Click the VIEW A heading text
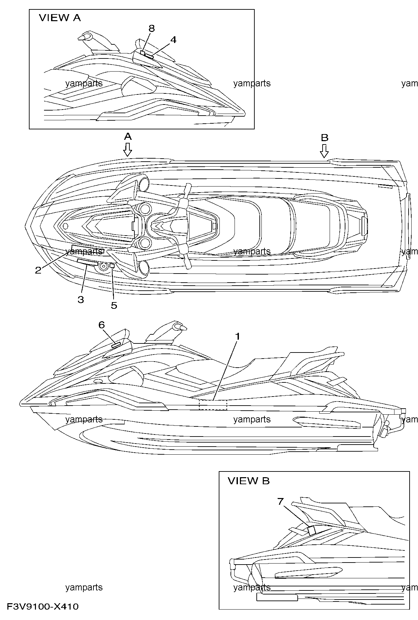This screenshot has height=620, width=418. (x=60, y=18)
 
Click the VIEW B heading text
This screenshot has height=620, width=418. (x=249, y=481)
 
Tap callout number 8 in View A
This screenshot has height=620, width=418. (x=152, y=29)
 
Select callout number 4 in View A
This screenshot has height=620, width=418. (x=173, y=40)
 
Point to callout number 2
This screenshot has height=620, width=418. (x=38, y=270)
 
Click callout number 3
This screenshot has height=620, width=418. (x=81, y=299)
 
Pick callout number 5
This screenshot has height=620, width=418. (x=114, y=305)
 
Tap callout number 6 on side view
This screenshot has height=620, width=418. (x=101, y=325)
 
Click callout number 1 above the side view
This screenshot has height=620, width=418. (x=238, y=336)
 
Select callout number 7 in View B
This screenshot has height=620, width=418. (x=281, y=502)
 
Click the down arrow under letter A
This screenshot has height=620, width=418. (x=127, y=150)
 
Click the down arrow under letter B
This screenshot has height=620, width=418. (x=324, y=151)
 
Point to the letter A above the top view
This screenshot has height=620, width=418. (x=127, y=136)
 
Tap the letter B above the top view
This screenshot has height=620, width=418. (x=325, y=137)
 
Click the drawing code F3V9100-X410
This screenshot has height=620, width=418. (x=43, y=607)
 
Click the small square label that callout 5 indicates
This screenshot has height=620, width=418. (x=112, y=265)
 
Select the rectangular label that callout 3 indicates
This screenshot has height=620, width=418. (x=87, y=262)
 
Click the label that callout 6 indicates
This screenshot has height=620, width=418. (x=116, y=344)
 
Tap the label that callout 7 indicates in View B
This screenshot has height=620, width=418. (x=311, y=530)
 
